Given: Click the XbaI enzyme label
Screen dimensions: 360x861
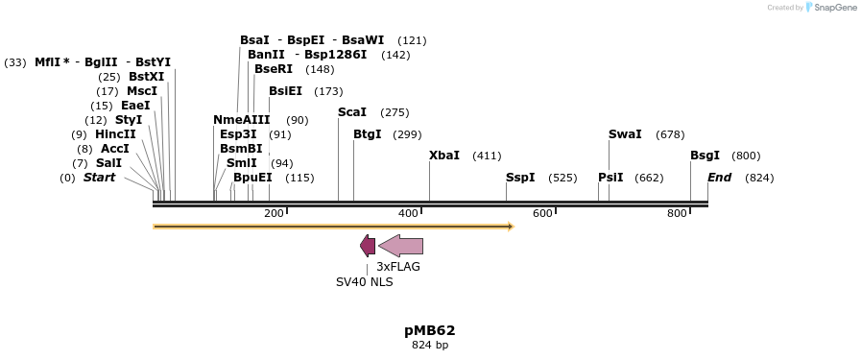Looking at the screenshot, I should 444,156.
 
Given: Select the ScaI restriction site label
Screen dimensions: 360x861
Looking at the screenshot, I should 352,112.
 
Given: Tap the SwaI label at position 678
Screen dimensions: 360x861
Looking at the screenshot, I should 625,134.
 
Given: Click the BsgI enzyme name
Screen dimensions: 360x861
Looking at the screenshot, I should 705,156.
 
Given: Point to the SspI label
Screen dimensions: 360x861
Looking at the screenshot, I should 520,178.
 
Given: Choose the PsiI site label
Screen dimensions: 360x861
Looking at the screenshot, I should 610,178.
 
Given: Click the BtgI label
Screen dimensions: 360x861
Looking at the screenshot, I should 367,134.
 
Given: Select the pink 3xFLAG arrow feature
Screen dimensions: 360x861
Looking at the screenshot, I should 401,246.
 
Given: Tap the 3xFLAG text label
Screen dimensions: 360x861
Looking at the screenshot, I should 398,267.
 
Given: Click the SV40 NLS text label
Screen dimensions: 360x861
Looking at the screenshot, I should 364,282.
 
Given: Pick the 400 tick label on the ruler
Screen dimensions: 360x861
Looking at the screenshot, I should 408,213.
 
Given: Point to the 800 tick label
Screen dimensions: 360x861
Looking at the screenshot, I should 677,213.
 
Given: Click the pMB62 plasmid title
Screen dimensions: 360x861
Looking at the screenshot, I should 429,329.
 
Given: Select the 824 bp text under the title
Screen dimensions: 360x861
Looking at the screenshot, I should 429,345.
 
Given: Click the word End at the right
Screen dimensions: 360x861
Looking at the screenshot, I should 720,178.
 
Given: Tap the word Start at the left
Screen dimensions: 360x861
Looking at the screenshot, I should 99,178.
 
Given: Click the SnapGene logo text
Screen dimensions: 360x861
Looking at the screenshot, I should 833,8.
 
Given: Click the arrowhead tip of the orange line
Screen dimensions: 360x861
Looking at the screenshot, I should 512,227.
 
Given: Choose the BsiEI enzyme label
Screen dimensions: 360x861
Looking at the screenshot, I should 285,91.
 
